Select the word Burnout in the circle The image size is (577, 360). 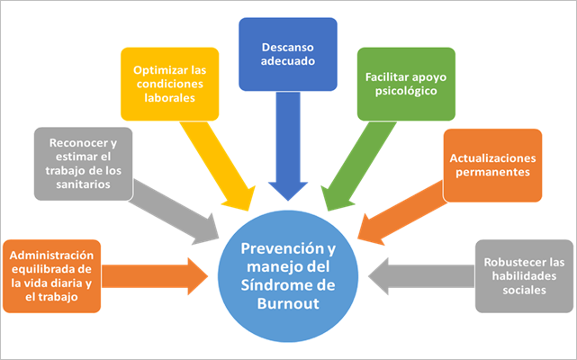click(x=288, y=302)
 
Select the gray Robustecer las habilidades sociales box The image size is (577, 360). click(x=523, y=274)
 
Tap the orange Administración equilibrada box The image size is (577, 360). click(x=51, y=274)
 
